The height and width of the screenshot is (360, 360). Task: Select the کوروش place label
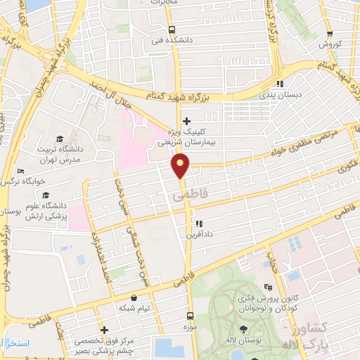(330, 44)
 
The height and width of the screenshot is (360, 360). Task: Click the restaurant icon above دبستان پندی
(280, 84)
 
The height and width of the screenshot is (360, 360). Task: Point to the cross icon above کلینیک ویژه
(186, 122)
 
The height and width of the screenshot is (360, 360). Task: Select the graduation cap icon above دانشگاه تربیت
(60, 139)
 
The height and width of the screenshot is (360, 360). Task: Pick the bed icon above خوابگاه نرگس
(20, 171)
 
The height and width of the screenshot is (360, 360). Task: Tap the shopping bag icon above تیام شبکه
(134, 298)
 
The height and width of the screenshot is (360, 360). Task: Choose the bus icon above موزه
(189, 316)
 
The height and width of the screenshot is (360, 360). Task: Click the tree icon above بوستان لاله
(244, 329)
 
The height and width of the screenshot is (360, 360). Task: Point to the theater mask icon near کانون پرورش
(267, 287)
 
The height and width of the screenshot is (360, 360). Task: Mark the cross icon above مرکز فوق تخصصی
(104, 329)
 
